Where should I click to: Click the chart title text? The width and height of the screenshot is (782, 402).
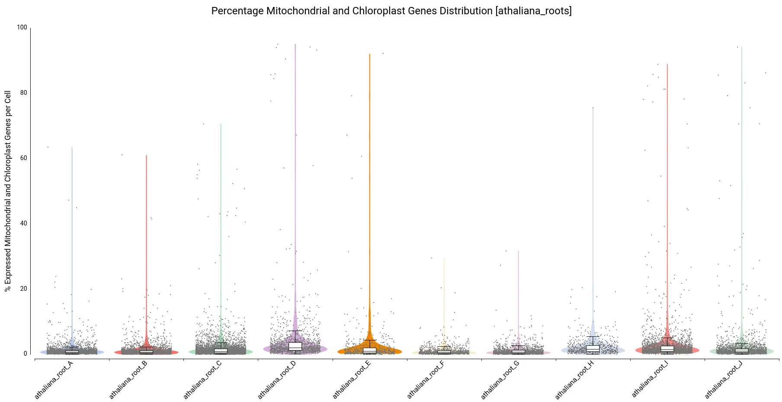(x=391, y=11)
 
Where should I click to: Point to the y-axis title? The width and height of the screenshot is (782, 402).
(x=8, y=191)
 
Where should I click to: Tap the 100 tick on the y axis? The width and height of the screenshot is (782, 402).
(x=22, y=28)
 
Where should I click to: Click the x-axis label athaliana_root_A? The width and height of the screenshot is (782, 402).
(x=54, y=379)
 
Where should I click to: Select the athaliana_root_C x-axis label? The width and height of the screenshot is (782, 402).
(x=203, y=379)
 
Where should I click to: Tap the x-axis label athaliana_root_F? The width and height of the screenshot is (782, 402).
(x=426, y=379)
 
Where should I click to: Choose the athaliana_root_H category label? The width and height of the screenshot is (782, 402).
(x=575, y=379)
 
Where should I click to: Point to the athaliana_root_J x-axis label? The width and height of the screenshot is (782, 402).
(x=724, y=379)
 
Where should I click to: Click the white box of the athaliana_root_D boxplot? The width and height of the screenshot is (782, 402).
(x=295, y=346)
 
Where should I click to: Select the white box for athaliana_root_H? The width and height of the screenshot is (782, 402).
(x=593, y=348)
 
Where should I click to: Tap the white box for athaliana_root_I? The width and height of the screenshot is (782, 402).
(x=667, y=349)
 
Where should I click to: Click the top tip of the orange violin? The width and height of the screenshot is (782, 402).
(x=370, y=55)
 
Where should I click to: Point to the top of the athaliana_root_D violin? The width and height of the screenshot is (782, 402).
(x=295, y=44)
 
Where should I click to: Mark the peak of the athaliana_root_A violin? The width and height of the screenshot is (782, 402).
(x=72, y=148)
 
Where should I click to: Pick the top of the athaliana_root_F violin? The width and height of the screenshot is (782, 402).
(x=444, y=258)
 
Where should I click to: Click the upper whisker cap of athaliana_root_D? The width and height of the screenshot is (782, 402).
(x=295, y=331)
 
